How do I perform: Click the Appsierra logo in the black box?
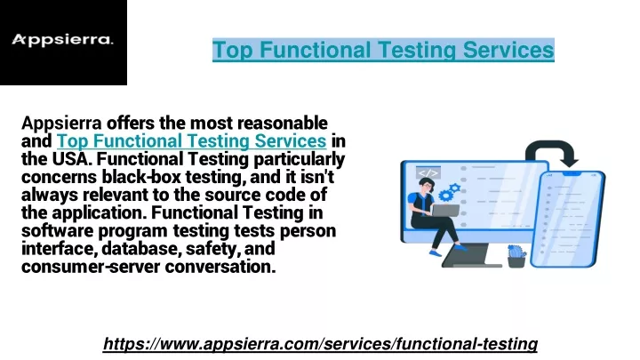[62, 40]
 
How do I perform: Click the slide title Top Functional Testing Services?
[383, 50]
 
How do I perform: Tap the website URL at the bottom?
[320, 344]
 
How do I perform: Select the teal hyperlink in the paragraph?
[191, 140]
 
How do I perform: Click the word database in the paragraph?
[140, 249]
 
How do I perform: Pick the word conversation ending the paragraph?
[220, 267]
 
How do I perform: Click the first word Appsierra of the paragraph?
[61, 124]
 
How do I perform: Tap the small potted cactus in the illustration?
[516, 256]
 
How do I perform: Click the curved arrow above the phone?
[552, 152]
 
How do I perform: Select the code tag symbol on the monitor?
[428, 172]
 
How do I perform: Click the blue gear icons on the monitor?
[449, 192]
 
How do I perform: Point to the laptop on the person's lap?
[445, 211]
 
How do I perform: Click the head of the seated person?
[425, 185]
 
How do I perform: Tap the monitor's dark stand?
[472, 255]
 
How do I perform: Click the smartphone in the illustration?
[568, 220]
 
